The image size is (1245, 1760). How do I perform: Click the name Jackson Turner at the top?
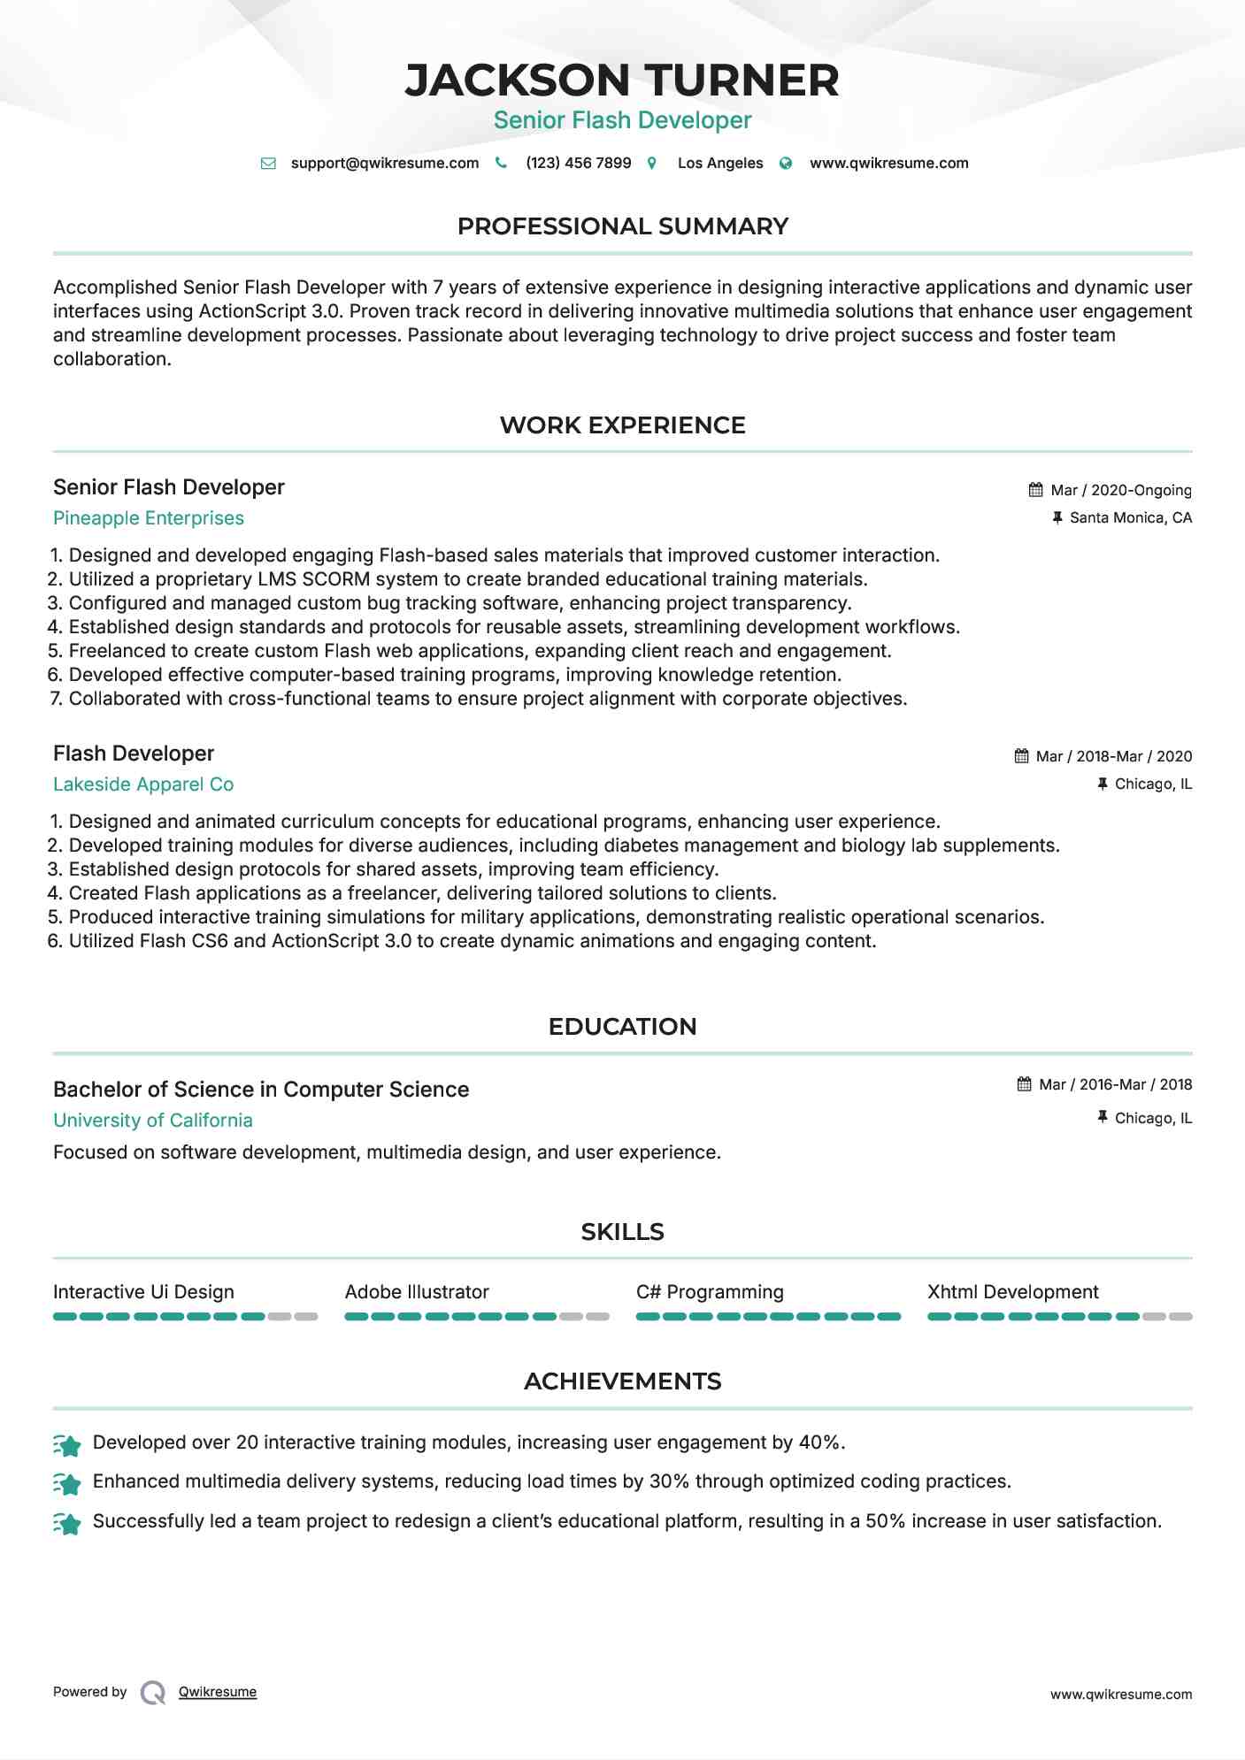622,80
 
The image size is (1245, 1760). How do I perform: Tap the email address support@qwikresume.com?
384,163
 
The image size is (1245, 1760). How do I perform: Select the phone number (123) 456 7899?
578,163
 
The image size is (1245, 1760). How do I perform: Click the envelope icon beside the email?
268,163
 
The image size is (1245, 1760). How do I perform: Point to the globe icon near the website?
786,163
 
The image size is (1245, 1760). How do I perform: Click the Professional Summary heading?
622,226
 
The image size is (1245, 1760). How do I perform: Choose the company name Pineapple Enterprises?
149,518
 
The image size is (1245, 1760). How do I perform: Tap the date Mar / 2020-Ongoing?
1120,490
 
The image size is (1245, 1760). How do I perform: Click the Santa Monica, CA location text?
1130,517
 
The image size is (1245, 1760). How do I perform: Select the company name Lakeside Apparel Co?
143,784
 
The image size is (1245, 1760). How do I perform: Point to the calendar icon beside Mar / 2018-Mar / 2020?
1021,756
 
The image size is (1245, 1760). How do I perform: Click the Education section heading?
622,1026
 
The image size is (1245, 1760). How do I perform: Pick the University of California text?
153,1121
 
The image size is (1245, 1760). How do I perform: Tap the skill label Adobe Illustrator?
417,1292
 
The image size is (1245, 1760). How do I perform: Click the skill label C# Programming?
710,1292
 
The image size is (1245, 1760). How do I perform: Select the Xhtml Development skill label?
1012,1292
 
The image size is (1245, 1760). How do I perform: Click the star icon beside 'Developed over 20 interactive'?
67,1445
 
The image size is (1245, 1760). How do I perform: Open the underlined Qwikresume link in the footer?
218,1692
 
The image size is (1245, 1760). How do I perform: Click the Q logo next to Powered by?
153,1693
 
